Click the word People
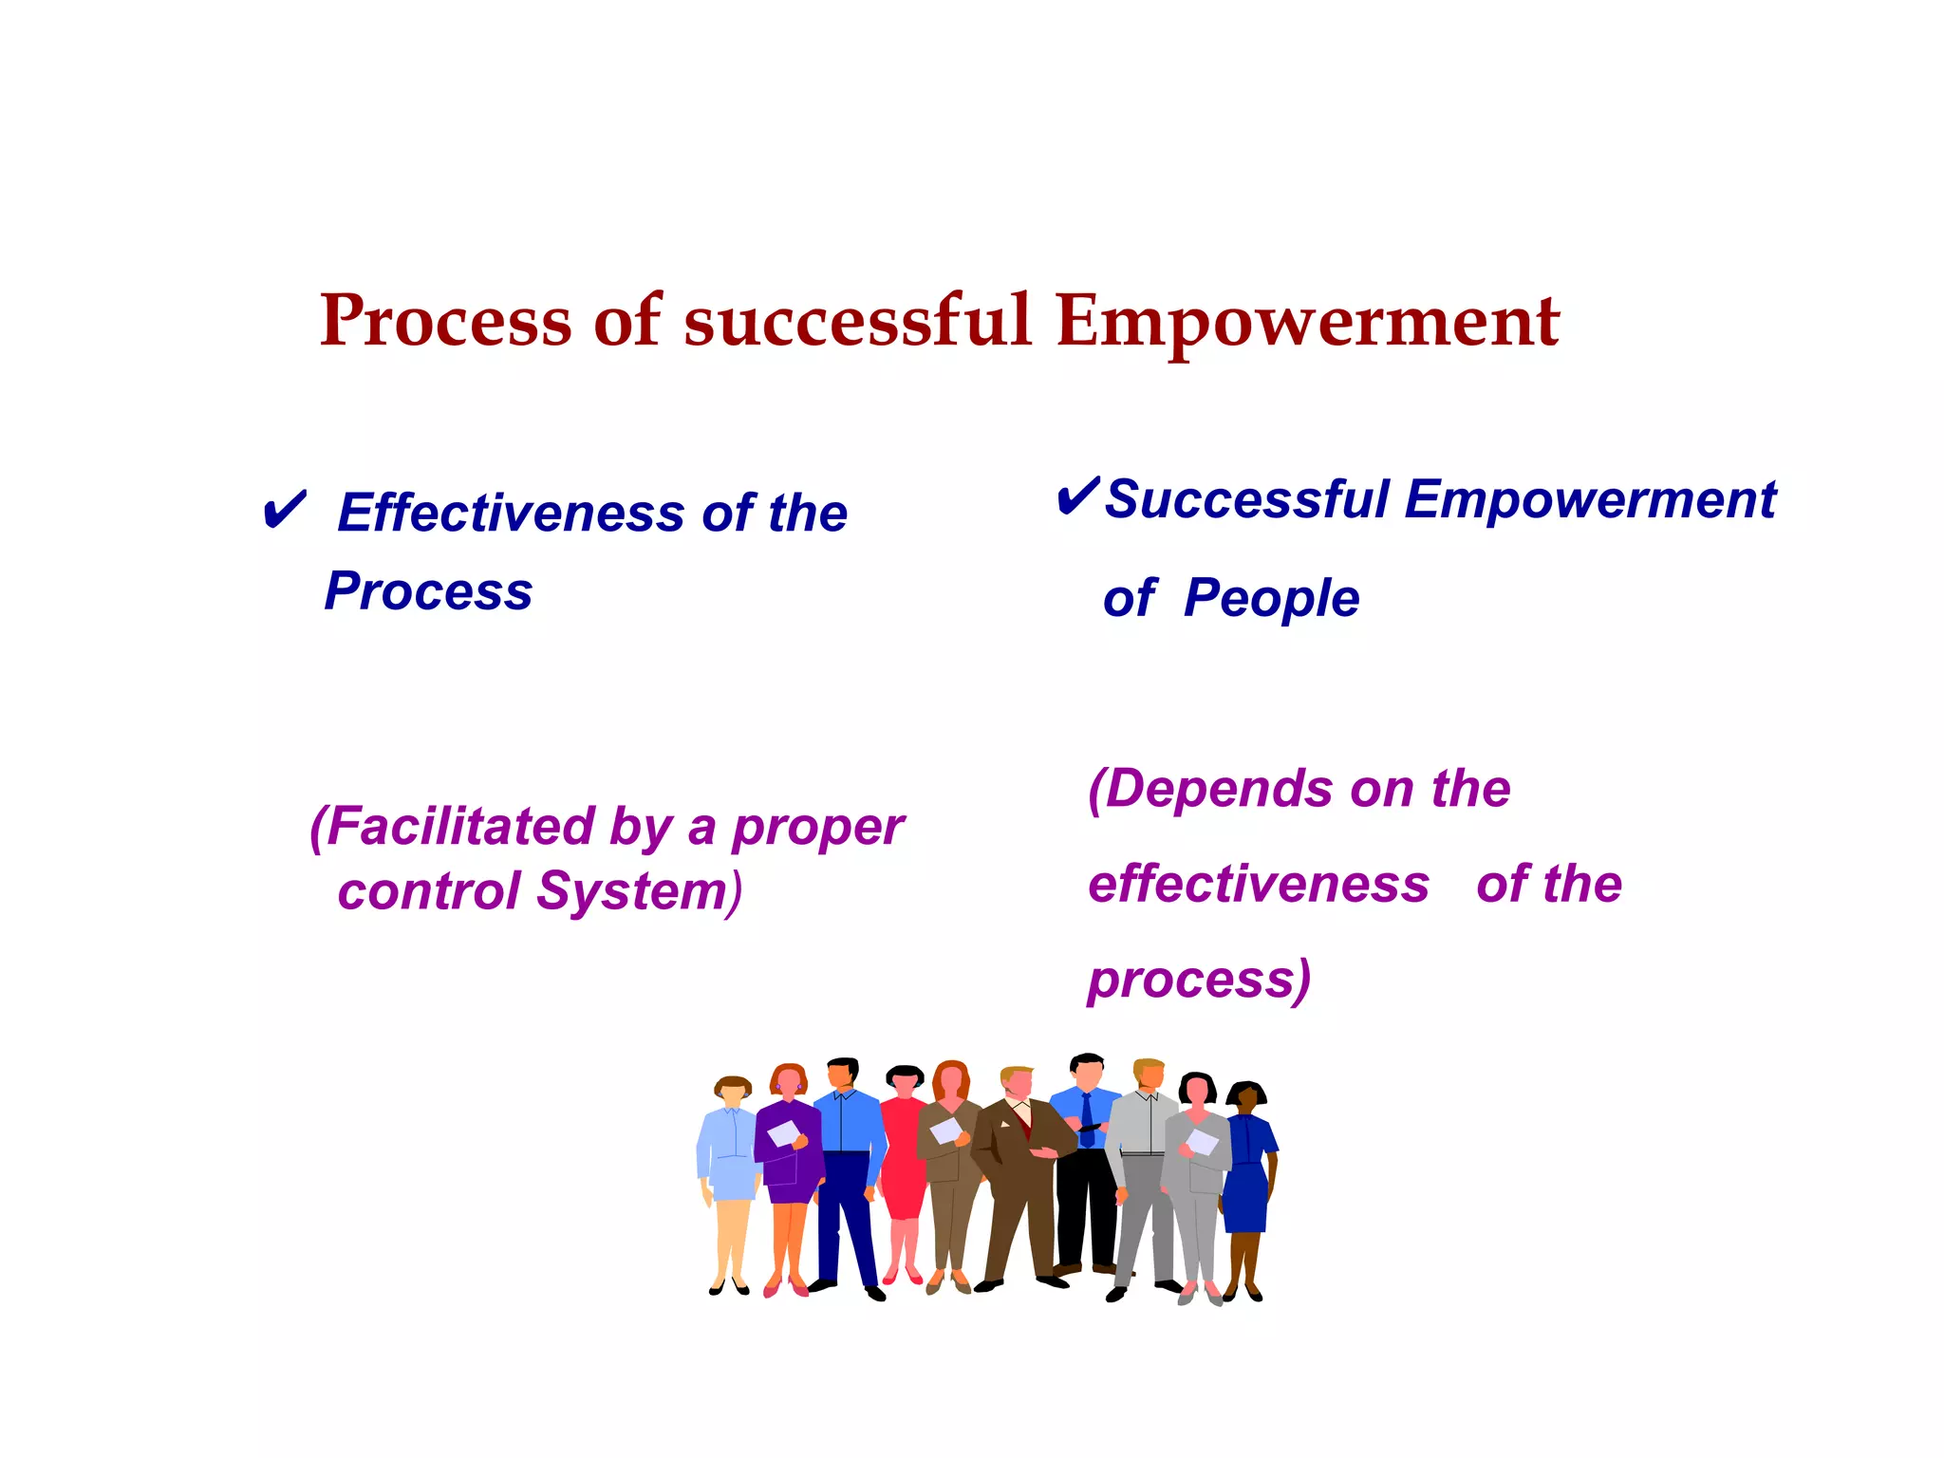(1271, 599)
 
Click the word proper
(817, 828)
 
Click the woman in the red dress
(903, 1158)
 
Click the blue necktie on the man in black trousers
(1087, 1120)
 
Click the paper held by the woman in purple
(783, 1133)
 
